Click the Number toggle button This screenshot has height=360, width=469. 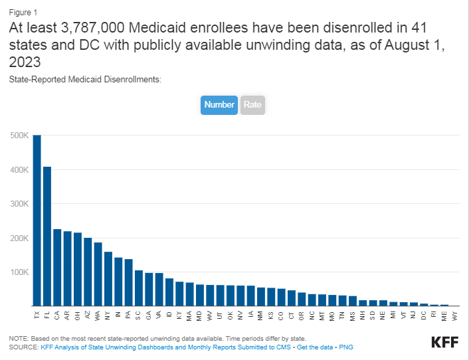(x=219, y=105)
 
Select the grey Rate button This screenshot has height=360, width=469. (x=252, y=105)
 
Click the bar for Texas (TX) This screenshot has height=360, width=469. (x=37, y=221)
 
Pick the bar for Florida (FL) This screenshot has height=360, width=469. (x=47, y=236)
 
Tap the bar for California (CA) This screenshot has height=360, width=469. (x=57, y=267)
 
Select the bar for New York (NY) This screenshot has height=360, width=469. (x=108, y=279)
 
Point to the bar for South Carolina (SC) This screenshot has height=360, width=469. (x=139, y=288)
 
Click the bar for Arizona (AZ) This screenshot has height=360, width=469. (x=88, y=272)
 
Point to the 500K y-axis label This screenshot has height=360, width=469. (x=19, y=135)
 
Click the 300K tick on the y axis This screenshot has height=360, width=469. (x=19, y=204)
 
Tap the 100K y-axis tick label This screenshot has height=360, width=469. (x=19, y=272)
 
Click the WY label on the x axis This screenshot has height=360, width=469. (x=454, y=315)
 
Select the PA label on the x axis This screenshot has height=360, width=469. (x=129, y=315)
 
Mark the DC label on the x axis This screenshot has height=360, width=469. (x=424, y=315)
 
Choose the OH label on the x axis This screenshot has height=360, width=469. (x=78, y=315)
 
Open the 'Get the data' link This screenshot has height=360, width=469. (x=315, y=347)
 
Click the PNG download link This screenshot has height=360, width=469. (x=345, y=347)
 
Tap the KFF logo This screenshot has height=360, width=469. (x=445, y=342)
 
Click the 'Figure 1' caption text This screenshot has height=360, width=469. (x=23, y=13)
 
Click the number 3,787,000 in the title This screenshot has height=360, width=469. (x=92, y=28)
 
